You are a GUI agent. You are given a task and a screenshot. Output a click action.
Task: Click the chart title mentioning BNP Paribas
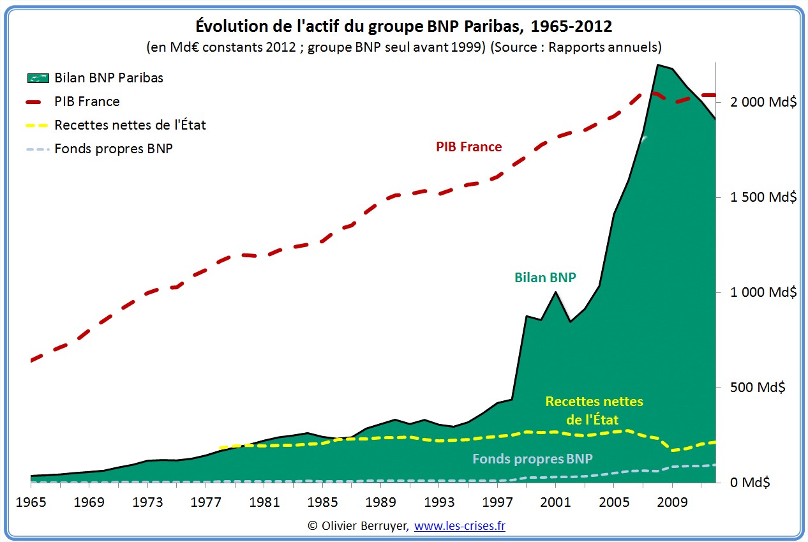(403, 27)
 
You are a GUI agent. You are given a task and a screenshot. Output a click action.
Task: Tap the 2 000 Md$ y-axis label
(759, 102)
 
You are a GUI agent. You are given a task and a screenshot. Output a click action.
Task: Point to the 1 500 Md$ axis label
(759, 197)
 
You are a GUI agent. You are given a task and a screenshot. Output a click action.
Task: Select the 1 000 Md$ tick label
(759, 292)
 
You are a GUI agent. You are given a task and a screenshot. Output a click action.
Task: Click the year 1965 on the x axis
(31, 501)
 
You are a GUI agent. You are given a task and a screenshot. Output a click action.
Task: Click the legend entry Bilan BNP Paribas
(108, 78)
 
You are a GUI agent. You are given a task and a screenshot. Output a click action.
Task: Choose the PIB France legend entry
(87, 102)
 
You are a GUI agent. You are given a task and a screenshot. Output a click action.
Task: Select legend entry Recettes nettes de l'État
(130, 125)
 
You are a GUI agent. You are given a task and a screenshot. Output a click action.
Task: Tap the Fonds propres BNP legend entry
(114, 149)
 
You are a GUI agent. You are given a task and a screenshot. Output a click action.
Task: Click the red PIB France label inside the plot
(469, 147)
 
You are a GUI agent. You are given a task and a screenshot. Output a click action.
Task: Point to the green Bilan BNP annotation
(545, 278)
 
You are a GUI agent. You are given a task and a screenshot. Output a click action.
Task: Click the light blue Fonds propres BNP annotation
(532, 458)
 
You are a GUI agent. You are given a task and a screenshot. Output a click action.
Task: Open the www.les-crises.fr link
(460, 526)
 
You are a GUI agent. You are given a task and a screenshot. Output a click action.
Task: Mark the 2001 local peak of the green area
(557, 292)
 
